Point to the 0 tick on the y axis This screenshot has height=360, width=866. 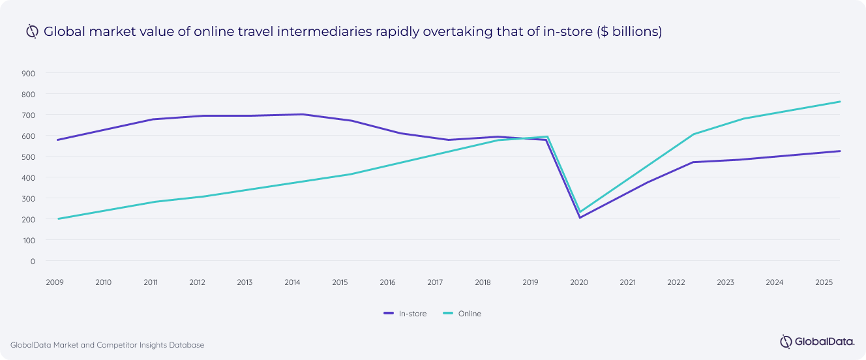click(x=32, y=261)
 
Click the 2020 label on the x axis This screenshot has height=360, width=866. click(x=579, y=282)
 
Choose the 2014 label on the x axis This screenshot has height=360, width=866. click(x=292, y=282)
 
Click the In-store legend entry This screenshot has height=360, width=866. click(x=405, y=314)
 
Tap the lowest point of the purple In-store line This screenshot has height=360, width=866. click(x=579, y=217)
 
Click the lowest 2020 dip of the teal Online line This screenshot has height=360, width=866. click(x=579, y=211)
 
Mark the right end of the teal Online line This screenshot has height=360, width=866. click(x=840, y=102)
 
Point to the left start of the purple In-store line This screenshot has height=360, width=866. click(x=58, y=140)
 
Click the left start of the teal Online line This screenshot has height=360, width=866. click(x=58, y=218)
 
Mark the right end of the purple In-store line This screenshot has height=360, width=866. click(x=840, y=151)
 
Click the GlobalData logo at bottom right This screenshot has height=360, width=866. click(x=813, y=341)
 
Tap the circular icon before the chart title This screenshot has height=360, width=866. click(x=32, y=31)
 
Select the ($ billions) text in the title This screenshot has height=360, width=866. click(x=629, y=31)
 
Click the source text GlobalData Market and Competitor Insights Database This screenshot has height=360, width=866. click(x=107, y=344)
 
